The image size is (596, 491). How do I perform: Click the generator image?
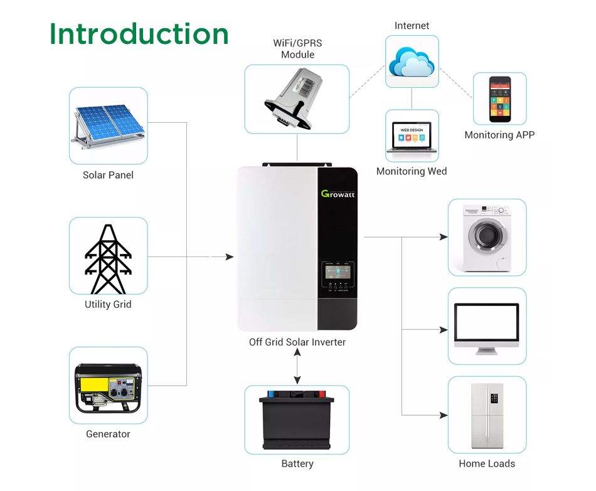pos(109,388)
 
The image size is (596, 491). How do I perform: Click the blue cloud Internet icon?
pos(412,61)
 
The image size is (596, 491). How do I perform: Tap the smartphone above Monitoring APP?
pos(500,99)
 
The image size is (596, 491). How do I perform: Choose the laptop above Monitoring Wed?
pos(412,136)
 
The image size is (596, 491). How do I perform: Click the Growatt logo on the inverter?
pos(338,193)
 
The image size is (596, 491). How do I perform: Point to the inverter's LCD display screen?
pos(338,274)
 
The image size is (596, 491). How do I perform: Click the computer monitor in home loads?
pos(487,325)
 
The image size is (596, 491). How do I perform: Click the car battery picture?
pos(297,418)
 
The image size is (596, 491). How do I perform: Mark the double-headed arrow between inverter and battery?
pos(297,367)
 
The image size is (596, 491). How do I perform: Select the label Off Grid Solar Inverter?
pos(297,342)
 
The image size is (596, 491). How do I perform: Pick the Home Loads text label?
pos(487,464)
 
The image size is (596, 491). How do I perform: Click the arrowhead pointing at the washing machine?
pos(444,237)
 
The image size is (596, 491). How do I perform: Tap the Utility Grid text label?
pos(108,305)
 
